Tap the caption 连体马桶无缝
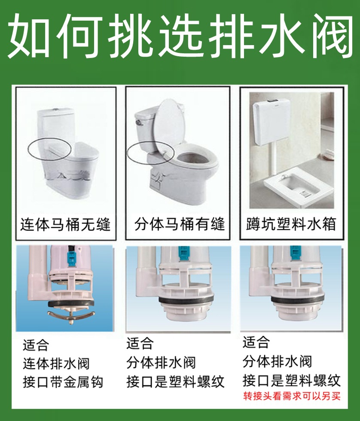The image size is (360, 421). (x=65, y=224)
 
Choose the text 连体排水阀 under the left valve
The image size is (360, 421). (x=56, y=363)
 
